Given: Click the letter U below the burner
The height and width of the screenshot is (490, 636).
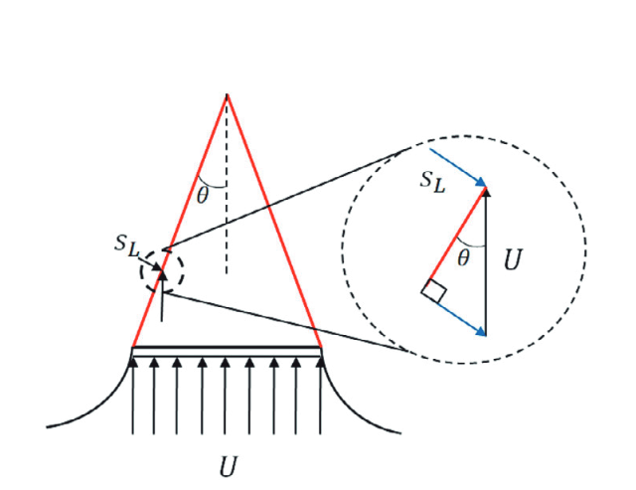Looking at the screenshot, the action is pyautogui.click(x=228, y=466).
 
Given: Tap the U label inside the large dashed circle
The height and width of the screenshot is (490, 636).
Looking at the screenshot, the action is pyautogui.click(x=513, y=259).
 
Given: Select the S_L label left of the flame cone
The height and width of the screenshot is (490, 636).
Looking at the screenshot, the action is pyautogui.click(x=126, y=245).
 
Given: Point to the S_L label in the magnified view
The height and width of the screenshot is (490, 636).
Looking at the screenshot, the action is pyautogui.click(x=432, y=181).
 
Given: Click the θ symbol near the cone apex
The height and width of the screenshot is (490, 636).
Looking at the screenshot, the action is pyautogui.click(x=202, y=196).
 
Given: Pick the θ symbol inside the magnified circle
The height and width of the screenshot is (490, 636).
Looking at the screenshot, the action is pyautogui.click(x=463, y=258).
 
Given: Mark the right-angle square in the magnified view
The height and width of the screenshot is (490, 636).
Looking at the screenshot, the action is pyautogui.click(x=434, y=290).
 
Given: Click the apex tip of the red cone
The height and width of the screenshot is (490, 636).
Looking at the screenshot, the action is pyautogui.click(x=228, y=94).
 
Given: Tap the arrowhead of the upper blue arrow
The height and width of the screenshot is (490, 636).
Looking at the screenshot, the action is pyautogui.click(x=481, y=182).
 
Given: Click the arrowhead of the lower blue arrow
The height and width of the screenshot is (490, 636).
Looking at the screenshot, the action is pyautogui.click(x=481, y=332).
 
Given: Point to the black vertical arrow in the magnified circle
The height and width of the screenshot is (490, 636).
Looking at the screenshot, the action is pyautogui.click(x=486, y=261).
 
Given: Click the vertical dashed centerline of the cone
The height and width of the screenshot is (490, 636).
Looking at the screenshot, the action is pyautogui.click(x=227, y=185).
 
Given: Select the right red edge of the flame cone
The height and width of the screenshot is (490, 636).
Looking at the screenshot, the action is pyautogui.click(x=274, y=221).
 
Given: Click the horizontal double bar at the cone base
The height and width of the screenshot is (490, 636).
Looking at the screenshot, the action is pyautogui.click(x=227, y=352).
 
